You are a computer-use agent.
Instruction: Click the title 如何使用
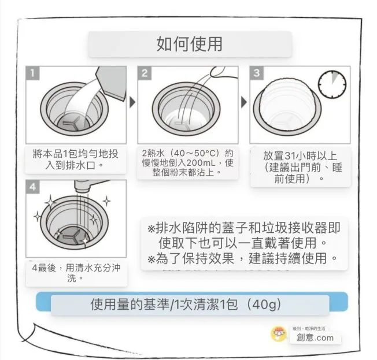coord(190,44)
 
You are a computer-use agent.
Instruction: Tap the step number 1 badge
coord(32,73)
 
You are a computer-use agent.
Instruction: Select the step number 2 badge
coord(145,73)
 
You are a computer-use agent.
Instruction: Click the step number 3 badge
coord(257,73)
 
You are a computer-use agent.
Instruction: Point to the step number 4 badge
coord(33,187)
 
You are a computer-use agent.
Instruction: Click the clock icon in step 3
coord(332,84)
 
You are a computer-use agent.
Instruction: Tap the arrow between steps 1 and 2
coord(132,102)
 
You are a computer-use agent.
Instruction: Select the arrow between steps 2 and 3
coord(244,102)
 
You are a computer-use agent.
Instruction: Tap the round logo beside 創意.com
coord(279,333)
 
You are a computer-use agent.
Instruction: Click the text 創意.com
coord(315,337)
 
